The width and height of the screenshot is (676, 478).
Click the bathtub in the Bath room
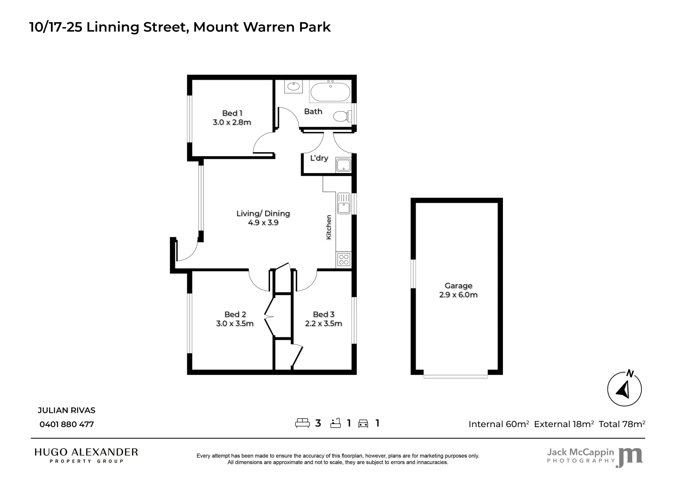pyautogui.click(x=330, y=93)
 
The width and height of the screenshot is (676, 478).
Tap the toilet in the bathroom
pyautogui.click(x=341, y=116)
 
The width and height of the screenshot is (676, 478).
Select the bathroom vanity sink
pyautogui.click(x=293, y=86)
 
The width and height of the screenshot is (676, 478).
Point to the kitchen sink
pyautogui.click(x=344, y=204)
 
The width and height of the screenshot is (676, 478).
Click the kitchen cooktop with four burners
pyautogui.click(x=344, y=259)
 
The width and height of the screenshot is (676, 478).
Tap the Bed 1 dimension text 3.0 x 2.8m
pyautogui.click(x=232, y=123)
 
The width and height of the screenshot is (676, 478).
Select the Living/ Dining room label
pyautogui.click(x=263, y=213)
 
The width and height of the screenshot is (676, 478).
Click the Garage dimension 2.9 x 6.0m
pyautogui.click(x=458, y=295)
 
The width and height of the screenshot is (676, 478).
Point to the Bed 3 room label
pyautogui.click(x=324, y=314)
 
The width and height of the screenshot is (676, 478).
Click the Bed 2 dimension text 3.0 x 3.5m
pyautogui.click(x=235, y=324)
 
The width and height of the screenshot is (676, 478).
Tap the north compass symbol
pyautogui.click(x=624, y=389)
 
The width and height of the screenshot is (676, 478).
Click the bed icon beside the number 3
pyautogui.click(x=302, y=423)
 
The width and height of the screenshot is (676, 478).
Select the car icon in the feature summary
pyautogui.click(x=363, y=424)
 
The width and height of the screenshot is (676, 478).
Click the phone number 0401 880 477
pyautogui.click(x=67, y=424)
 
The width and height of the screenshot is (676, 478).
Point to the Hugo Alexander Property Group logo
pyautogui.click(x=86, y=455)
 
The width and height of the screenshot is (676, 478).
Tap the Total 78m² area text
pyautogui.click(x=622, y=424)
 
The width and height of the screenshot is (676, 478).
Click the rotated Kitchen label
pyautogui.click(x=328, y=227)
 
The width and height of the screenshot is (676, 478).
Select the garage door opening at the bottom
pyautogui.click(x=456, y=376)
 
